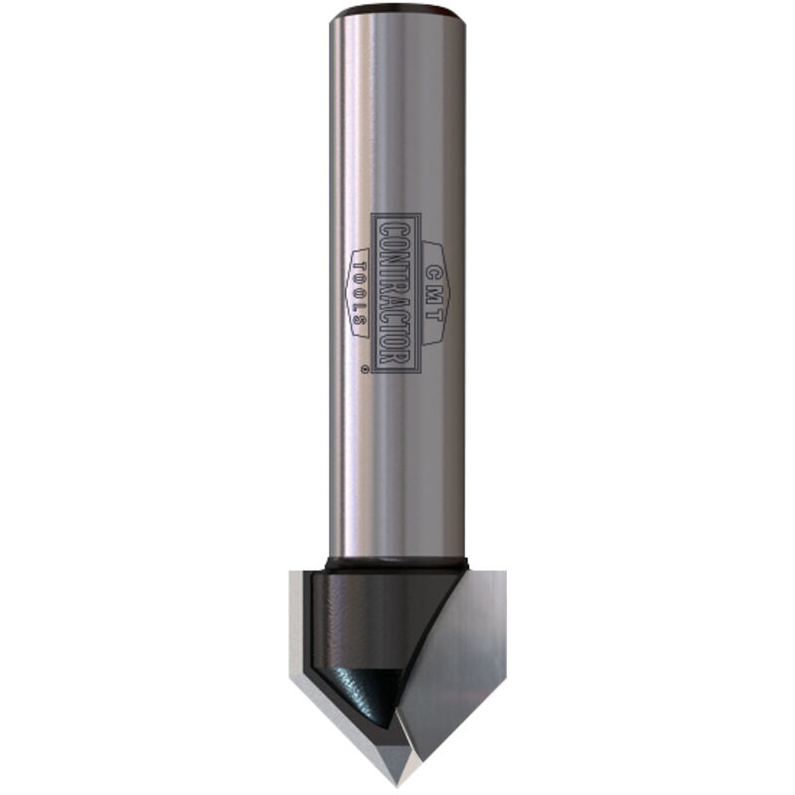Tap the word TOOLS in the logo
tap(360, 292)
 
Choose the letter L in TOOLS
tap(360, 309)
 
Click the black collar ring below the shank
tap(397, 564)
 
